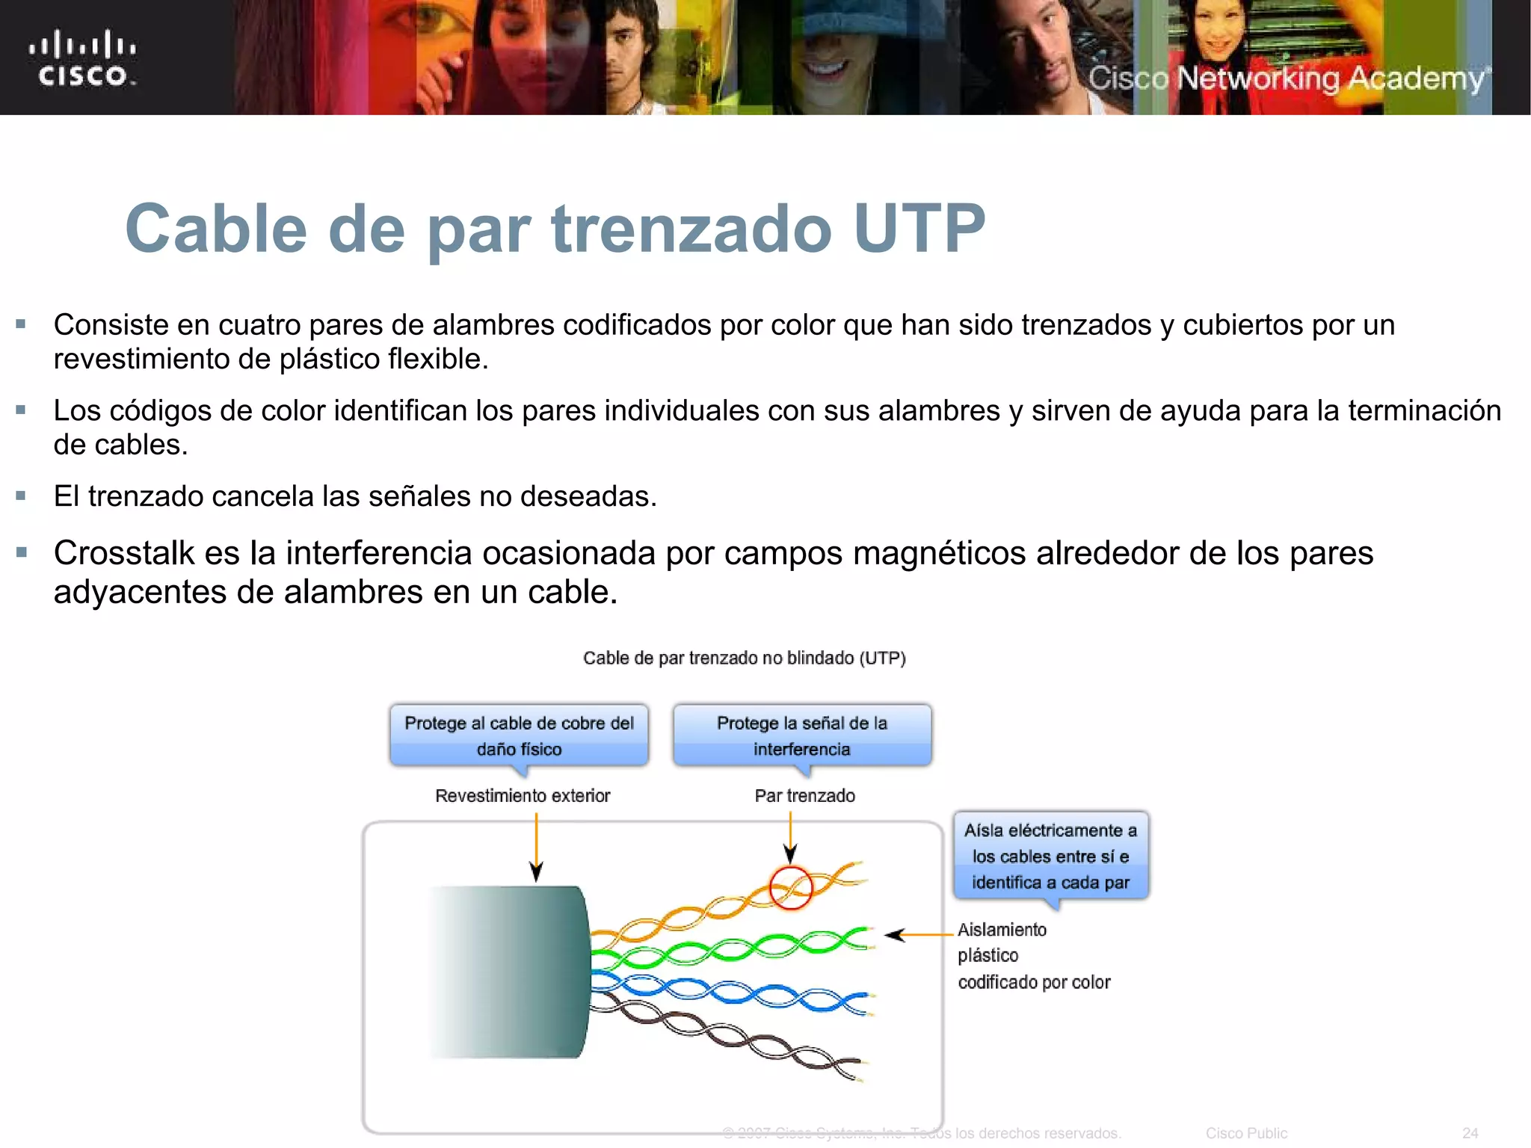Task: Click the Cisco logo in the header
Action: (x=83, y=58)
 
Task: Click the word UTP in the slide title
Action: (x=919, y=229)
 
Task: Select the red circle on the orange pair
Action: (x=790, y=888)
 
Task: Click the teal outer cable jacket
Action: (x=516, y=972)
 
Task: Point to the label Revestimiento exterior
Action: (x=523, y=796)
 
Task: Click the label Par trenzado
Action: (x=804, y=796)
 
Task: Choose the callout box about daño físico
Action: (x=519, y=736)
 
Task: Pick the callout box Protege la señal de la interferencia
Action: (x=801, y=736)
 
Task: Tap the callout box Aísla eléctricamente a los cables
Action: (x=1050, y=857)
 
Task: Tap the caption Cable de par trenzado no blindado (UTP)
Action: (x=745, y=658)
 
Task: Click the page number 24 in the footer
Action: (x=1470, y=1133)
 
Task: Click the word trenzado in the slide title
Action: (x=691, y=229)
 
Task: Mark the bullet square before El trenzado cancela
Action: (x=21, y=496)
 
